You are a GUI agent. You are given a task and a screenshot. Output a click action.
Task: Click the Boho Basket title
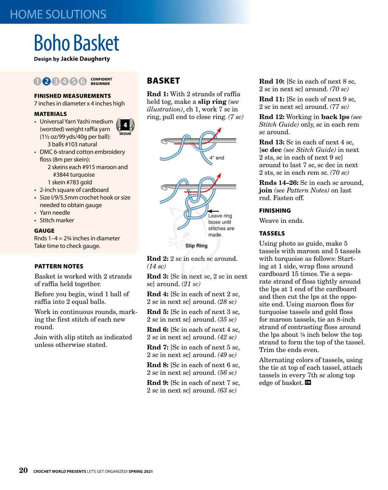[76, 43]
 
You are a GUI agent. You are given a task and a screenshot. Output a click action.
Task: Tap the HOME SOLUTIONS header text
[58, 15]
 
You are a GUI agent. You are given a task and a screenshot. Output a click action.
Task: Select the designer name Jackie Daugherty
[85, 59]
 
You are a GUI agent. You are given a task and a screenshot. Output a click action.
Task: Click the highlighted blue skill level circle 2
[46, 81]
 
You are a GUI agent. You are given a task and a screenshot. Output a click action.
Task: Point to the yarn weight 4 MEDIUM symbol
[125, 127]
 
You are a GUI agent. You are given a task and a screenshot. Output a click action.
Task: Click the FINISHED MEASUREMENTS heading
[73, 96]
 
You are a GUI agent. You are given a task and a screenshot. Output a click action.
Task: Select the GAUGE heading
[44, 231]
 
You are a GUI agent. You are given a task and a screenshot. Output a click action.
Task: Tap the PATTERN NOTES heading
[59, 267]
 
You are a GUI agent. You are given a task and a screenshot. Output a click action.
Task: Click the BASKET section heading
[163, 81]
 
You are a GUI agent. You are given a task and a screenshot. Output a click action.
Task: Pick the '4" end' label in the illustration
[217, 158]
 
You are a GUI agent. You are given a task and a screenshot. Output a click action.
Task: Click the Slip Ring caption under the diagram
[197, 246]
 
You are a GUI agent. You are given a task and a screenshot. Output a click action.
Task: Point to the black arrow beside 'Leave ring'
[213, 211]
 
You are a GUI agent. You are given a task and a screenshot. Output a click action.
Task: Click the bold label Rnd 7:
[158, 347]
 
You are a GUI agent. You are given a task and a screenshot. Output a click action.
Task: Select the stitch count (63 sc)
[227, 390]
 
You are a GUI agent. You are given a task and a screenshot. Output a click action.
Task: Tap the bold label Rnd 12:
[272, 117]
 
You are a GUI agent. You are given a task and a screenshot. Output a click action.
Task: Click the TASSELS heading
[272, 234]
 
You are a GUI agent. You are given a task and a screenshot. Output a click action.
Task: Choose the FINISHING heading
[275, 211]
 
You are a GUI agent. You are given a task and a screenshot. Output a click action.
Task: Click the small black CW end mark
[308, 382]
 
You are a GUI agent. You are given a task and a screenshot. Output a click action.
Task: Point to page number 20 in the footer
[23, 470]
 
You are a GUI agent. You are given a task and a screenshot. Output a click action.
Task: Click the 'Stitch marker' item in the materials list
[57, 220]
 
